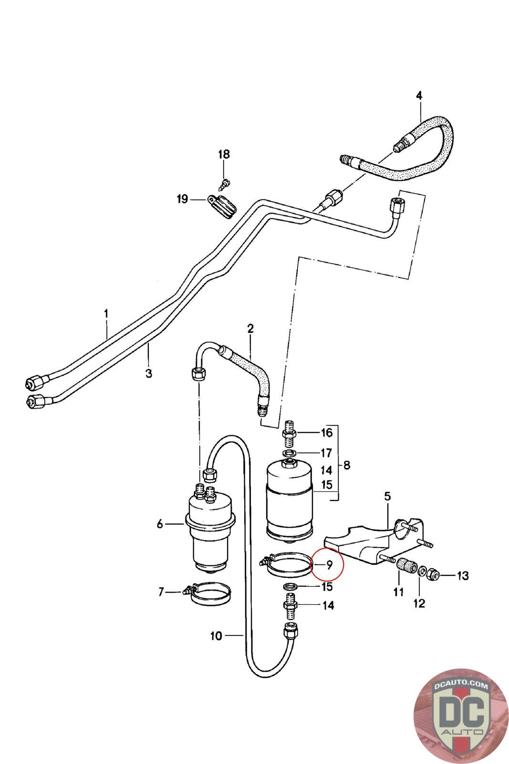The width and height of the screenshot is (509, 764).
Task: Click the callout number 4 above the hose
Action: [x=419, y=95]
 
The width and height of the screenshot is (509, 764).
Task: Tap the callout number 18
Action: [x=224, y=154]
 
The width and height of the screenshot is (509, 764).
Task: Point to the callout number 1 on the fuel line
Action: [x=106, y=313]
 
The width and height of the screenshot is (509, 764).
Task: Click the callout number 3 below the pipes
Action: [x=148, y=373]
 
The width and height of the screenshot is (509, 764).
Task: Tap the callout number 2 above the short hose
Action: [x=250, y=329]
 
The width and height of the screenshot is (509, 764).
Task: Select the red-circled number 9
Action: [x=329, y=565]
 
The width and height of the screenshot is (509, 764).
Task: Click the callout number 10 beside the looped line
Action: [x=216, y=636]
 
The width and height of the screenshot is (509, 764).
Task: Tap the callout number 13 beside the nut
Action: [x=463, y=576]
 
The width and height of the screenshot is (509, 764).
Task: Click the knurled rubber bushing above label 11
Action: [x=407, y=566]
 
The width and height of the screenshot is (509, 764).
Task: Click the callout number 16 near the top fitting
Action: [x=326, y=433]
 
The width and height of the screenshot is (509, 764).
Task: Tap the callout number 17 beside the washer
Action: [x=326, y=453]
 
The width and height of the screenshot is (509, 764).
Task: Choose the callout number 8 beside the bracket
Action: [x=347, y=465]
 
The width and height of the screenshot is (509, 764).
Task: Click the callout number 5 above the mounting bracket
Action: [x=388, y=496]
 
